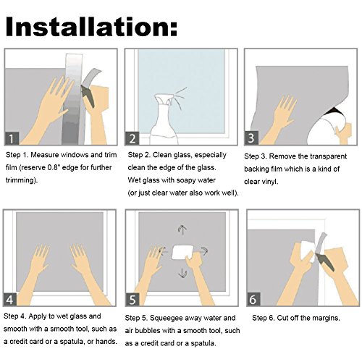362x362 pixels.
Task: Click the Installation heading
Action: tap(91, 26)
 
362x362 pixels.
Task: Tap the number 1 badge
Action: tap(12, 138)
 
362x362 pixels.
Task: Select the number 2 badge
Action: tap(132, 138)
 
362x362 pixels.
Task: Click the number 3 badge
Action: tap(251, 138)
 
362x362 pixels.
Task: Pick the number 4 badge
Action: tap(9, 299)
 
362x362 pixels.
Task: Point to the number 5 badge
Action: tap(132, 299)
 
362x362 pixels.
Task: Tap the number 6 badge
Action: tap(253, 299)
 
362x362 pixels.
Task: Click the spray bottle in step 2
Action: tap(164, 121)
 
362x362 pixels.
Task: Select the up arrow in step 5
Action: tap(182, 230)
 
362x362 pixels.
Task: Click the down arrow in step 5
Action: tap(182, 272)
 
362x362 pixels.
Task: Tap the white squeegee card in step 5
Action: tap(182, 252)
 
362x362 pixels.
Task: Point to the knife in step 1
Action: tap(88, 96)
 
